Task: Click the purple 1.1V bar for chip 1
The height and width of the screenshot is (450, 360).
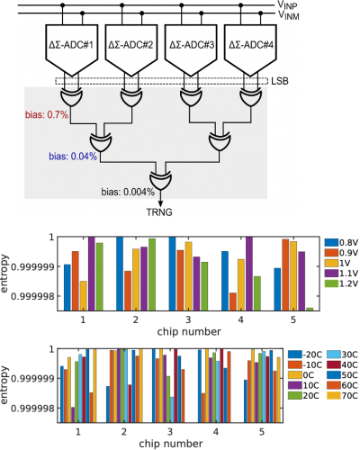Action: [91, 274]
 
